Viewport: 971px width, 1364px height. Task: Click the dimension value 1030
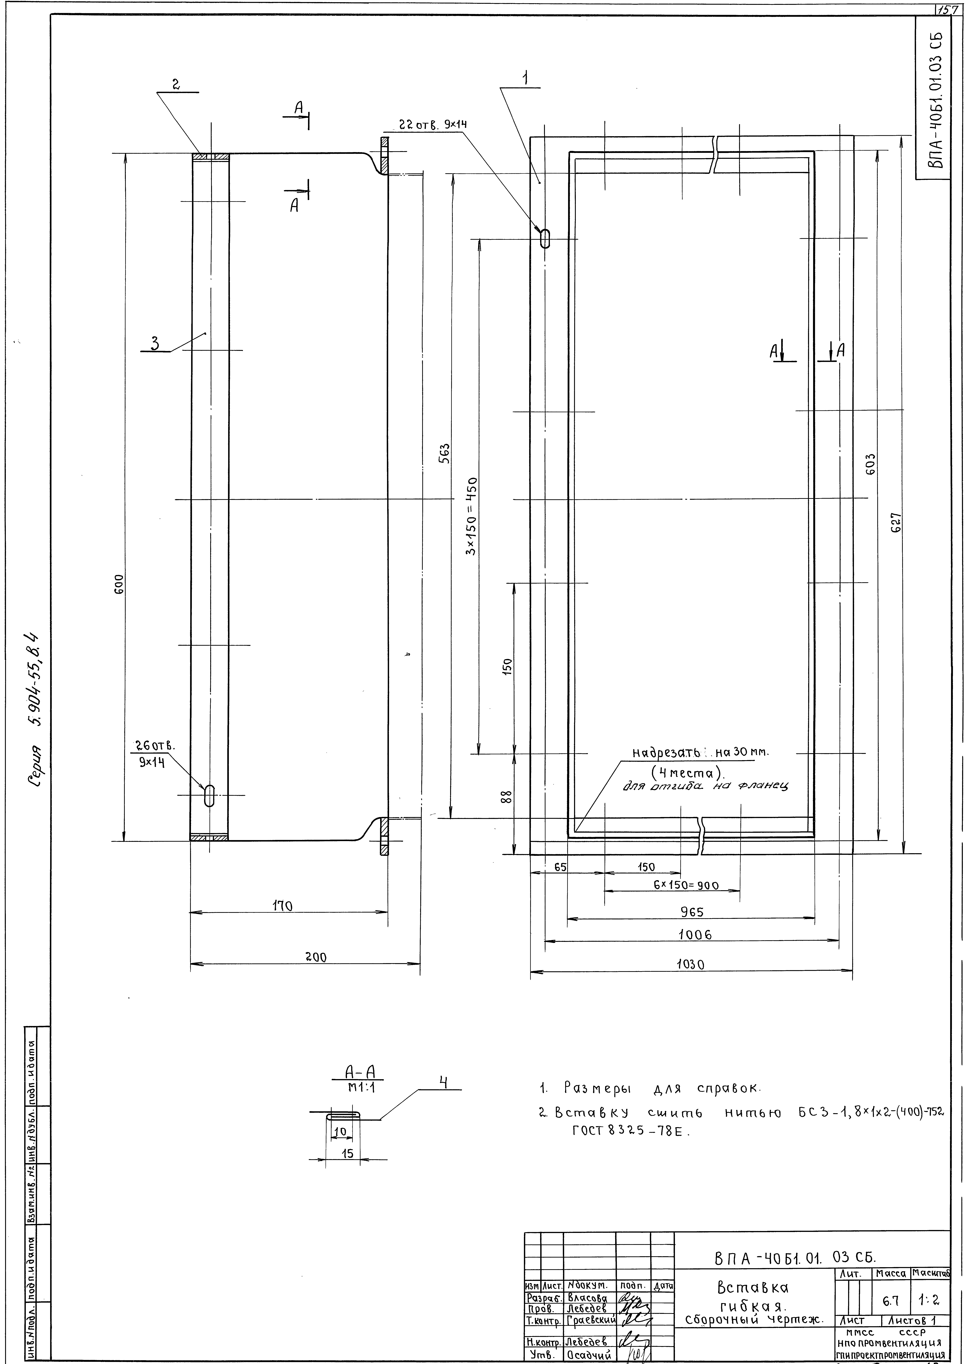[691, 965]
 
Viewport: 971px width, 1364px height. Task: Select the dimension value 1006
[695, 935]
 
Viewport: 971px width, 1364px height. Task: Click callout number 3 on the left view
[155, 343]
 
